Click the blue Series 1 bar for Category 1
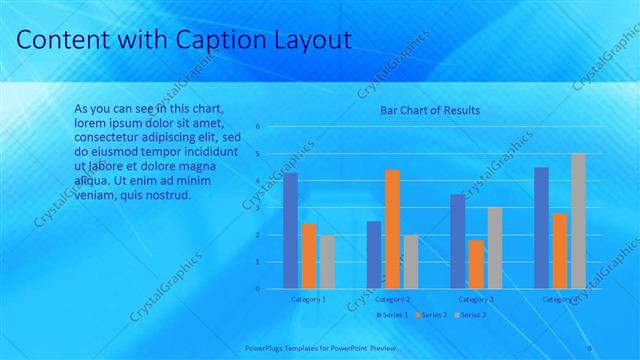[x=290, y=231]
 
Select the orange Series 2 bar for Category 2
[x=392, y=229]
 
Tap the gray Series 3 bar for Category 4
[x=578, y=221]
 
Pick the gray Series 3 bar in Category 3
[x=494, y=248]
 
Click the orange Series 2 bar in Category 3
[x=476, y=264]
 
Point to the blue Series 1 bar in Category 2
[x=374, y=255]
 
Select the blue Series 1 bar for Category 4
[x=541, y=228]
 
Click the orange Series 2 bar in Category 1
[x=309, y=256]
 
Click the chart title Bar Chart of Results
[x=430, y=110]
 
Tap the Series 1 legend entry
[x=392, y=315]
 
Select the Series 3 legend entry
[x=470, y=315]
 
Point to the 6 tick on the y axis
[x=258, y=127]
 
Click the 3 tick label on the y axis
[x=258, y=208]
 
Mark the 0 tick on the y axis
[x=258, y=289]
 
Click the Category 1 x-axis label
[x=308, y=299]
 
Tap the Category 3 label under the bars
[x=476, y=299]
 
